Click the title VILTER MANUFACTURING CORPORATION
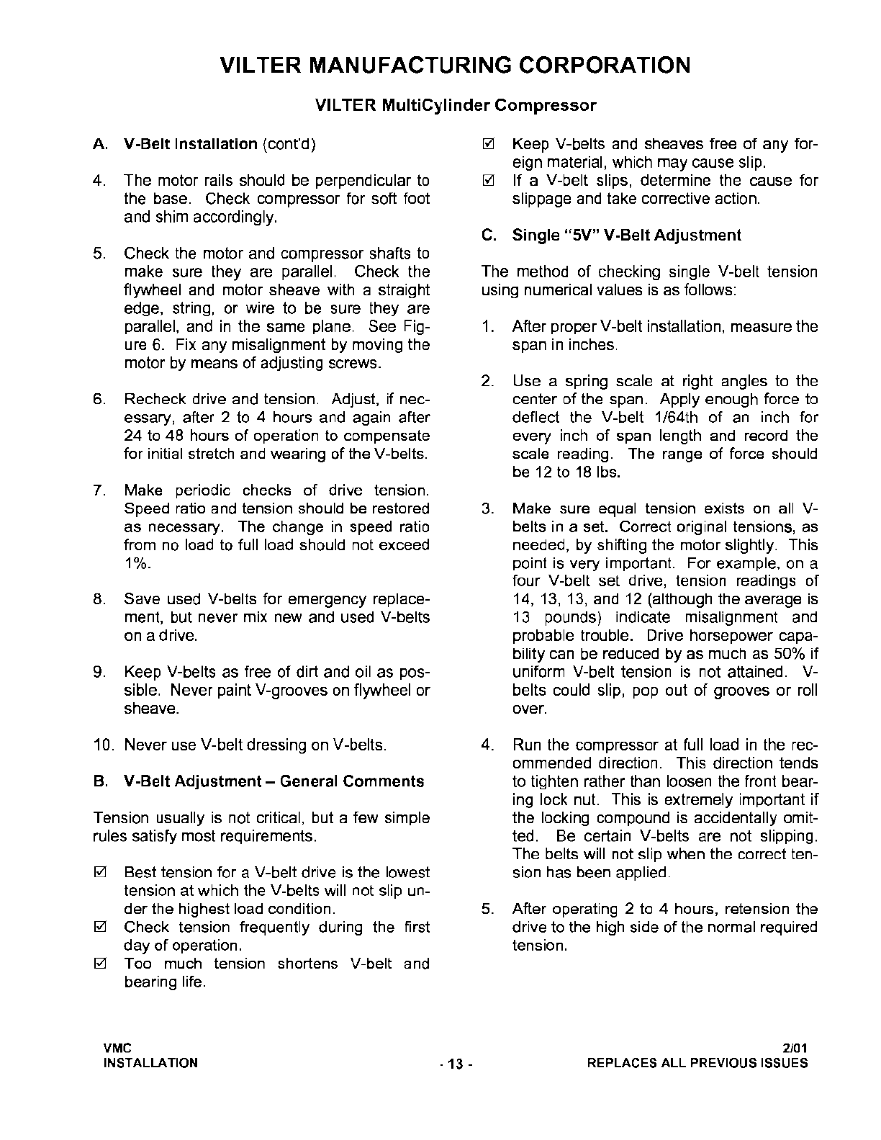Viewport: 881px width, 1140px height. (455, 66)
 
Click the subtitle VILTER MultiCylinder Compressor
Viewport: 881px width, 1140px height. (456, 106)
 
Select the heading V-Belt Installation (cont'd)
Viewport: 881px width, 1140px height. (220, 144)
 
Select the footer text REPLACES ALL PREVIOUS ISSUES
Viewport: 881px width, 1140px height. (697, 1063)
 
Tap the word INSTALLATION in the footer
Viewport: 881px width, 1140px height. (151, 1063)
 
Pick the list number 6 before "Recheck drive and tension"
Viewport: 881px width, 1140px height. (99, 400)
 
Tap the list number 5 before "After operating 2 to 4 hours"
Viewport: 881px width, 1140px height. (487, 910)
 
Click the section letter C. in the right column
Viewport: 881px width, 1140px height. (488, 235)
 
